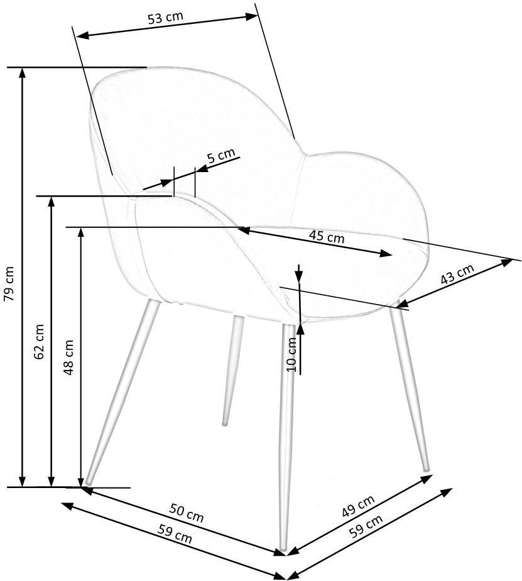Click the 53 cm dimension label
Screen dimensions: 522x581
(x=166, y=18)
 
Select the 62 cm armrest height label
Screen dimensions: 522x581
(x=38, y=342)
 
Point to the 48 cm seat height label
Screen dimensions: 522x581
(x=69, y=357)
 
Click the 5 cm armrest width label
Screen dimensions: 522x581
(x=221, y=156)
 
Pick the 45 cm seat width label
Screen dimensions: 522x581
(x=327, y=237)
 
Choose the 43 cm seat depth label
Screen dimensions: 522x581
(x=457, y=274)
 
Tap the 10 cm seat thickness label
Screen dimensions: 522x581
(x=292, y=354)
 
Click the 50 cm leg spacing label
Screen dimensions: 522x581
(x=187, y=513)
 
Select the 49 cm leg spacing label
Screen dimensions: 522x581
(x=358, y=506)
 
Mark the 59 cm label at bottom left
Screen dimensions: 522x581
(x=175, y=533)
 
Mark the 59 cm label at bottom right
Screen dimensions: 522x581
(x=366, y=526)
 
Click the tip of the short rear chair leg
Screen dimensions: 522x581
(x=224, y=423)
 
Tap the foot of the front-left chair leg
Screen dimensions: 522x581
(x=88, y=482)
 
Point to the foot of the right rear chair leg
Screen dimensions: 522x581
(x=427, y=469)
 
